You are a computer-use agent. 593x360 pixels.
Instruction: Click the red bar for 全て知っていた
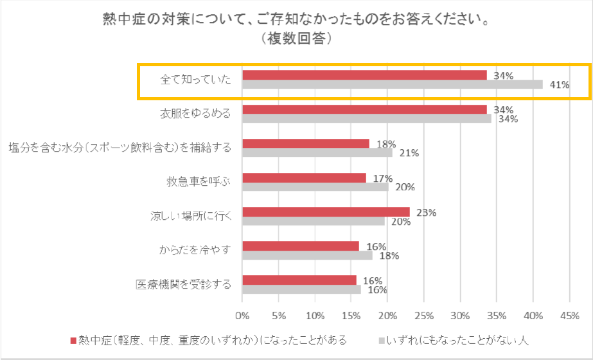point(364,75)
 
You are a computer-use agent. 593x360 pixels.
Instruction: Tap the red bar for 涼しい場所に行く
point(326,212)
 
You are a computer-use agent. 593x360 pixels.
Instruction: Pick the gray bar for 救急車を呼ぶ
point(315,187)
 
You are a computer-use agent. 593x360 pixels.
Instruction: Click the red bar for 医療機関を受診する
point(299,280)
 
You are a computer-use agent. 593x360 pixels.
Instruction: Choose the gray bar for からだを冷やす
point(307,255)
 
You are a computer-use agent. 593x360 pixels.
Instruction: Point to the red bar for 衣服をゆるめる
point(364,109)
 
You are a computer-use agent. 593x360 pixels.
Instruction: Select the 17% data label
point(383,178)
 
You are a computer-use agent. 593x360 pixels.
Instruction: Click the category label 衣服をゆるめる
point(195,114)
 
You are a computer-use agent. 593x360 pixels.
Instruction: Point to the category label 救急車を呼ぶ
point(199,182)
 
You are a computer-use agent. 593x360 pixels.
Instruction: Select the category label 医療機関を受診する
point(183,284)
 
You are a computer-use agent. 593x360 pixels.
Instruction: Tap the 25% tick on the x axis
point(424,316)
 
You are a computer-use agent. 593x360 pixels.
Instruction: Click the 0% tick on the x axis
point(242,316)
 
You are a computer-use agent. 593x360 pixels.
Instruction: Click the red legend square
point(73,339)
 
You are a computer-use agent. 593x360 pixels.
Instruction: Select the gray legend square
point(382,339)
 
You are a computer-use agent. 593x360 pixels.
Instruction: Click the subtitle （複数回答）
point(296,39)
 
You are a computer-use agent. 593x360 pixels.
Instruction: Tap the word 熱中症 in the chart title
point(124,19)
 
